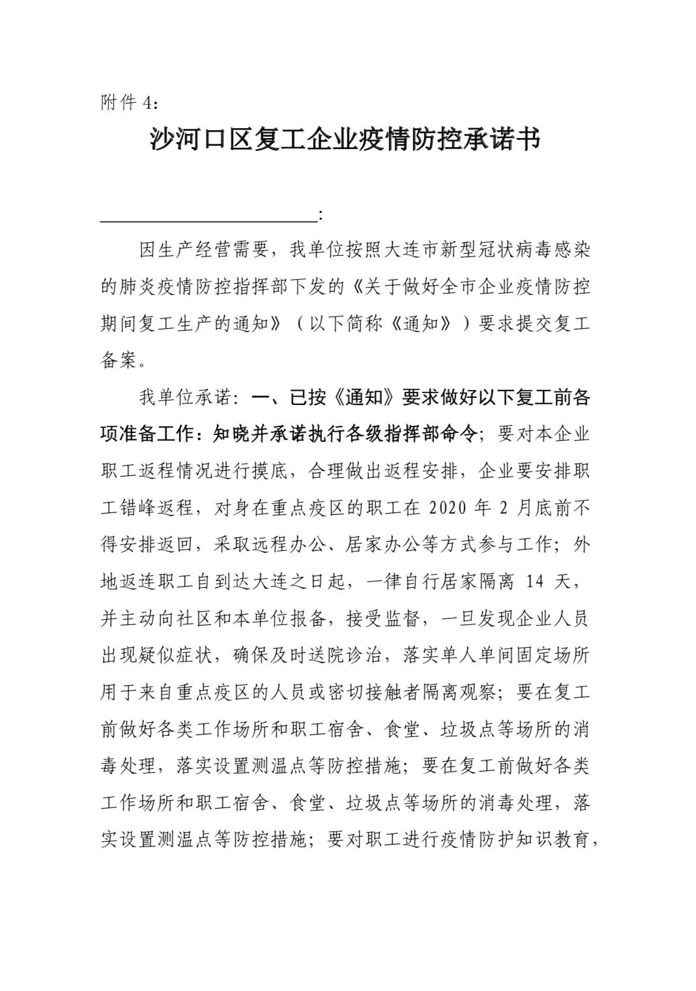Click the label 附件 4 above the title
[128, 103]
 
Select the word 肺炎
[148, 286]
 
